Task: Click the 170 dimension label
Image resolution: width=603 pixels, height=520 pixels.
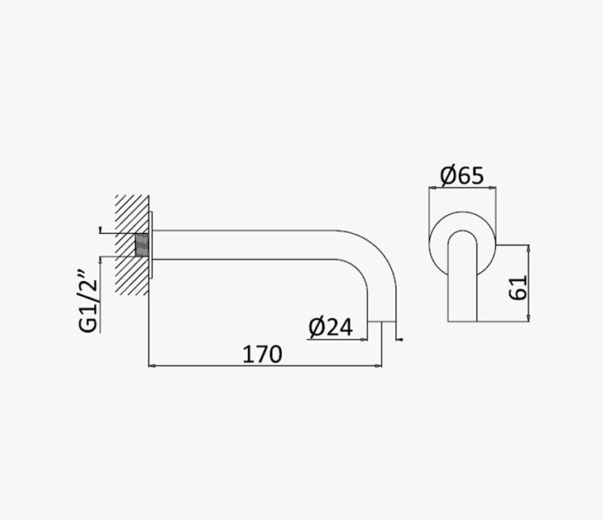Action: click(x=262, y=354)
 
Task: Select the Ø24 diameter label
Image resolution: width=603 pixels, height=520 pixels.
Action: click(x=330, y=327)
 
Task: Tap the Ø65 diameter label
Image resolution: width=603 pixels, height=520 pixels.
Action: click(x=462, y=176)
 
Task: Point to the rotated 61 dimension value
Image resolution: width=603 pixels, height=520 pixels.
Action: click(x=517, y=288)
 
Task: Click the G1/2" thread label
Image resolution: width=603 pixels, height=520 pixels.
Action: click(x=88, y=302)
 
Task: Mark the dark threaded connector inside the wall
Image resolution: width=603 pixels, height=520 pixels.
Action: click(x=143, y=245)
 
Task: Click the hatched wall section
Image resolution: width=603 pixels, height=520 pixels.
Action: click(x=132, y=245)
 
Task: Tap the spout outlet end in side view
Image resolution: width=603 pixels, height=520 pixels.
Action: click(x=382, y=321)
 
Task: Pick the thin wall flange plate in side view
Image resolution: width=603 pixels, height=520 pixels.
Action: click(x=151, y=245)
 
